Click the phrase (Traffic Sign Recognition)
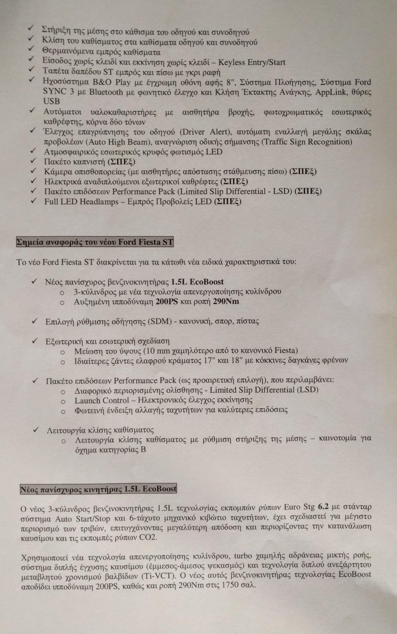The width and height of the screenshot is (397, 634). pos(306,142)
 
